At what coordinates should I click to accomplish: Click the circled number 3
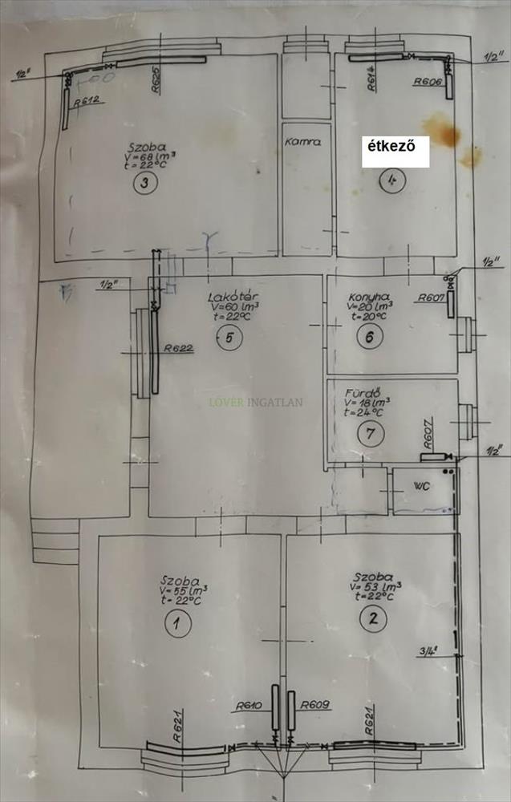coord(144,182)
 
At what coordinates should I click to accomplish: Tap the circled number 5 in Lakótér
coord(229,338)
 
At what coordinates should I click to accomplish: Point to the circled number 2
coord(371,618)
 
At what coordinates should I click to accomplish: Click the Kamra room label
coord(302,141)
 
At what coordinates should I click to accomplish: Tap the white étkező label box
coord(395,150)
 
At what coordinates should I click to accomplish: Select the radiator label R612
coord(86,101)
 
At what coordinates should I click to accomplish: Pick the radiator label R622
coord(177,348)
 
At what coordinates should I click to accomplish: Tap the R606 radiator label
coord(429,82)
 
